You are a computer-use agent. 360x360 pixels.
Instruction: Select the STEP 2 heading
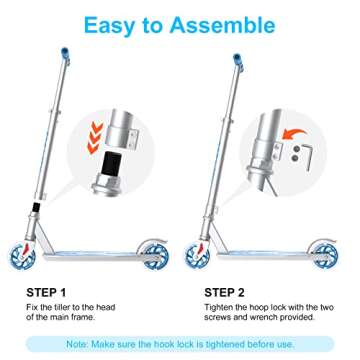tap(218, 292)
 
